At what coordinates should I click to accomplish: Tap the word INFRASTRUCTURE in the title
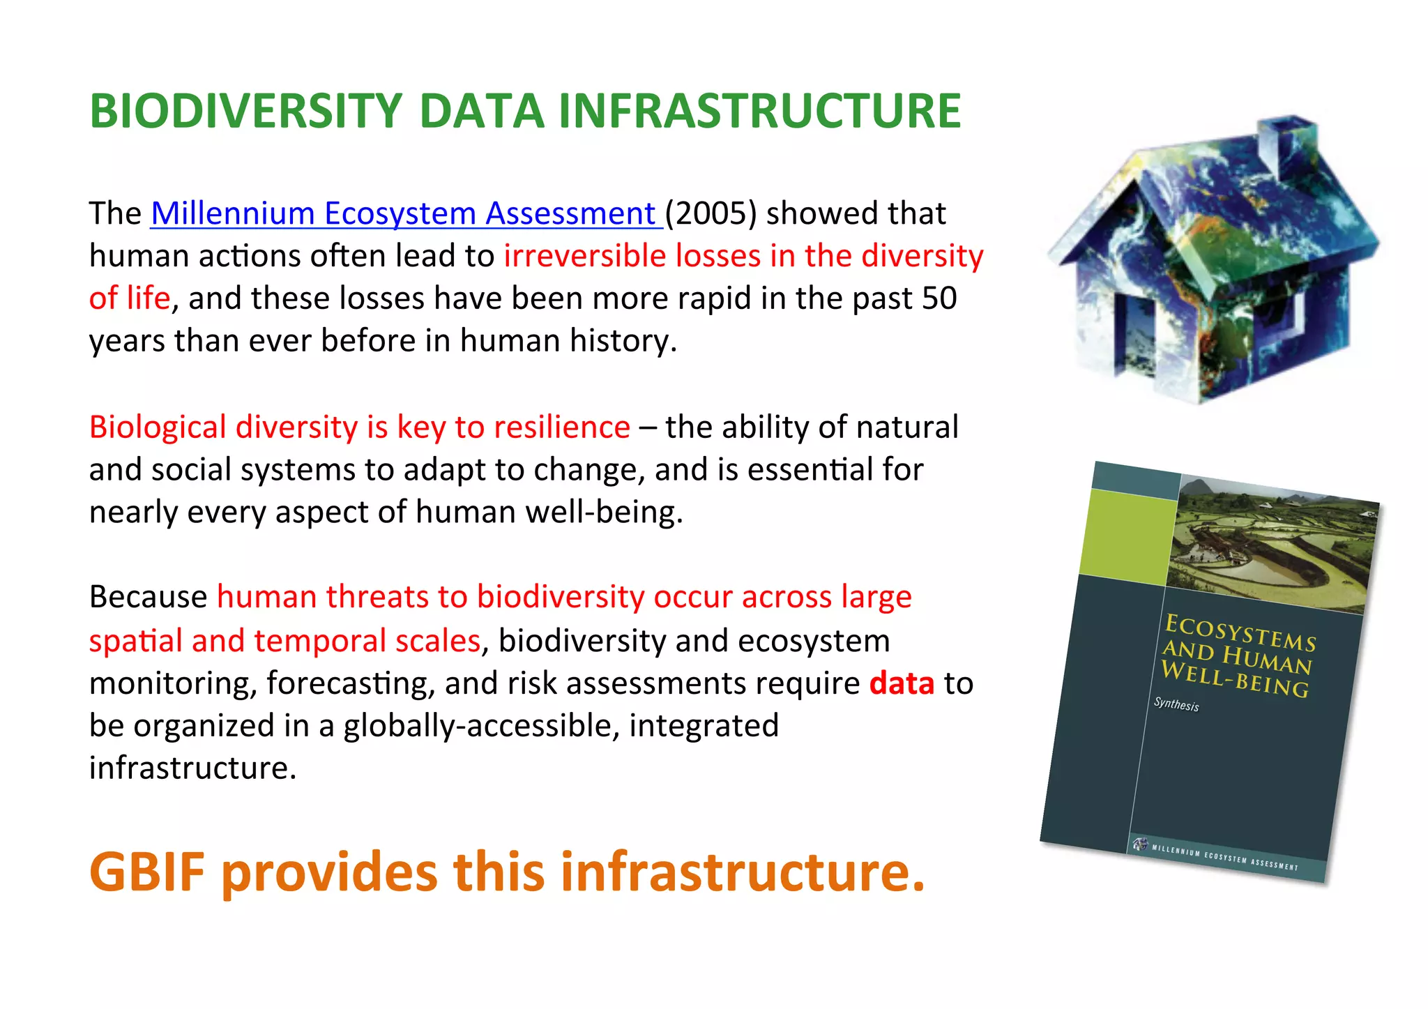(x=759, y=112)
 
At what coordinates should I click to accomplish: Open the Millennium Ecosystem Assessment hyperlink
(x=404, y=213)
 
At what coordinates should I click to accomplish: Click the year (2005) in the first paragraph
(x=711, y=213)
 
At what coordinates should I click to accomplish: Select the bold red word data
(x=902, y=683)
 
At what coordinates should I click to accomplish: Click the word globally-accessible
(x=481, y=726)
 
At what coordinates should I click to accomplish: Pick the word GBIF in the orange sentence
(x=147, y=872)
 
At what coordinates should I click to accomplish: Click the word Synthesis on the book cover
(x=1176, y=704)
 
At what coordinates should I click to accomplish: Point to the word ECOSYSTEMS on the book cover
(x=1240, y=631)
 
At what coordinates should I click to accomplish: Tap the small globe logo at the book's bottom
(x=1140, y=844)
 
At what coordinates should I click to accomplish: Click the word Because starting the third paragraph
(x=148, y=598)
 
